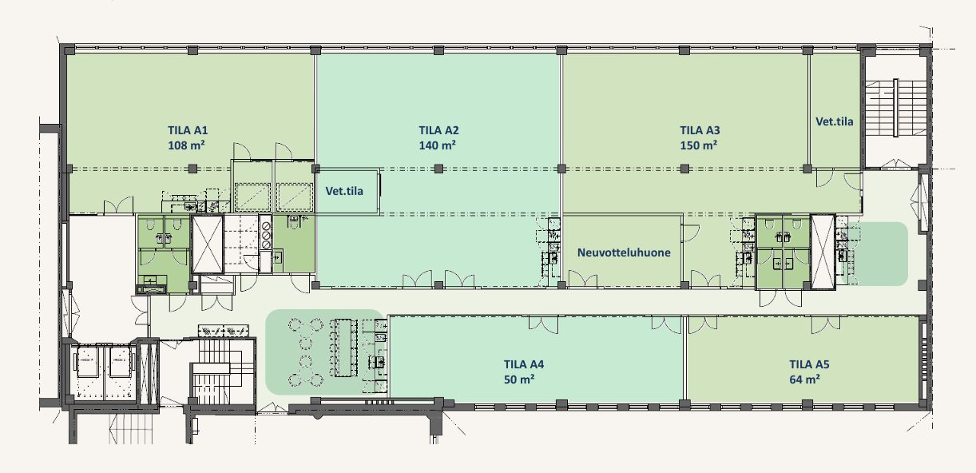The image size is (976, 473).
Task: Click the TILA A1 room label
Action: click(188, 130)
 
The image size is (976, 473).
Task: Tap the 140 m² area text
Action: click(438, 145)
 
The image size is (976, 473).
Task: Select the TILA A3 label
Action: click(700, 130)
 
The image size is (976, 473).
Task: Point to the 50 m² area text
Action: click(519, 380)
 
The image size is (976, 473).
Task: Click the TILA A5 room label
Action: click(809, 364)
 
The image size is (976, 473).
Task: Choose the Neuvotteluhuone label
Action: click(624, 252)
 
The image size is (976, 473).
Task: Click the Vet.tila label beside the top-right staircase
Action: click(835, 121)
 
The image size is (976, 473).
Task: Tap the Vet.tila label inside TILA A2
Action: click(344, 191)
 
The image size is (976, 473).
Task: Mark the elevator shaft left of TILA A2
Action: click(208, 244)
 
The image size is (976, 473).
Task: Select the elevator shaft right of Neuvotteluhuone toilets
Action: click(823, 252)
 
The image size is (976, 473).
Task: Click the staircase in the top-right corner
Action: click(895, 108)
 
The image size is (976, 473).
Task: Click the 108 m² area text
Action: click(186, 145)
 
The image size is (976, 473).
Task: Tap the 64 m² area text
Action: click(805, 380)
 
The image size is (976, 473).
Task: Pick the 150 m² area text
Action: click(698, 145)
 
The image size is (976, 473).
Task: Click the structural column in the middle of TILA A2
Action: click(438, 169)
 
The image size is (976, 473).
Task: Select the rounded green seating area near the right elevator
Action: click(878, 254)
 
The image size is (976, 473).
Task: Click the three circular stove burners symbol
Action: click(266, 236)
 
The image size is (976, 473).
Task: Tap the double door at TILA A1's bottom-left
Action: click(118, 206)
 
